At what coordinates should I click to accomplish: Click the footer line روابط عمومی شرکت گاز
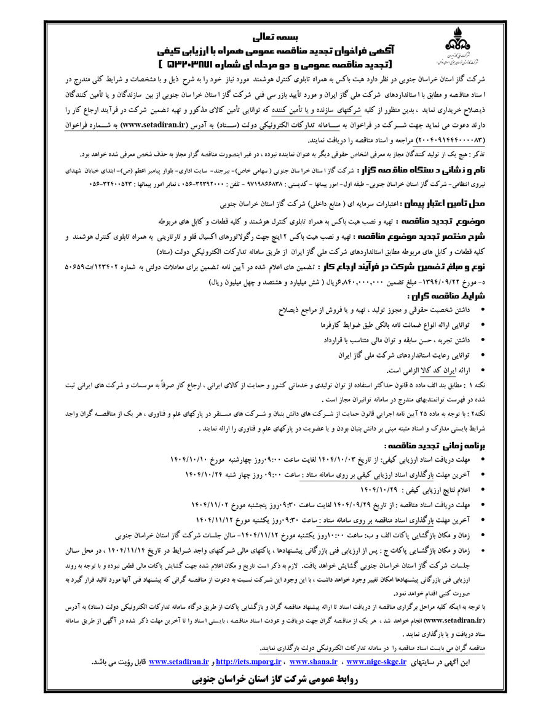click(276, 680)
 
